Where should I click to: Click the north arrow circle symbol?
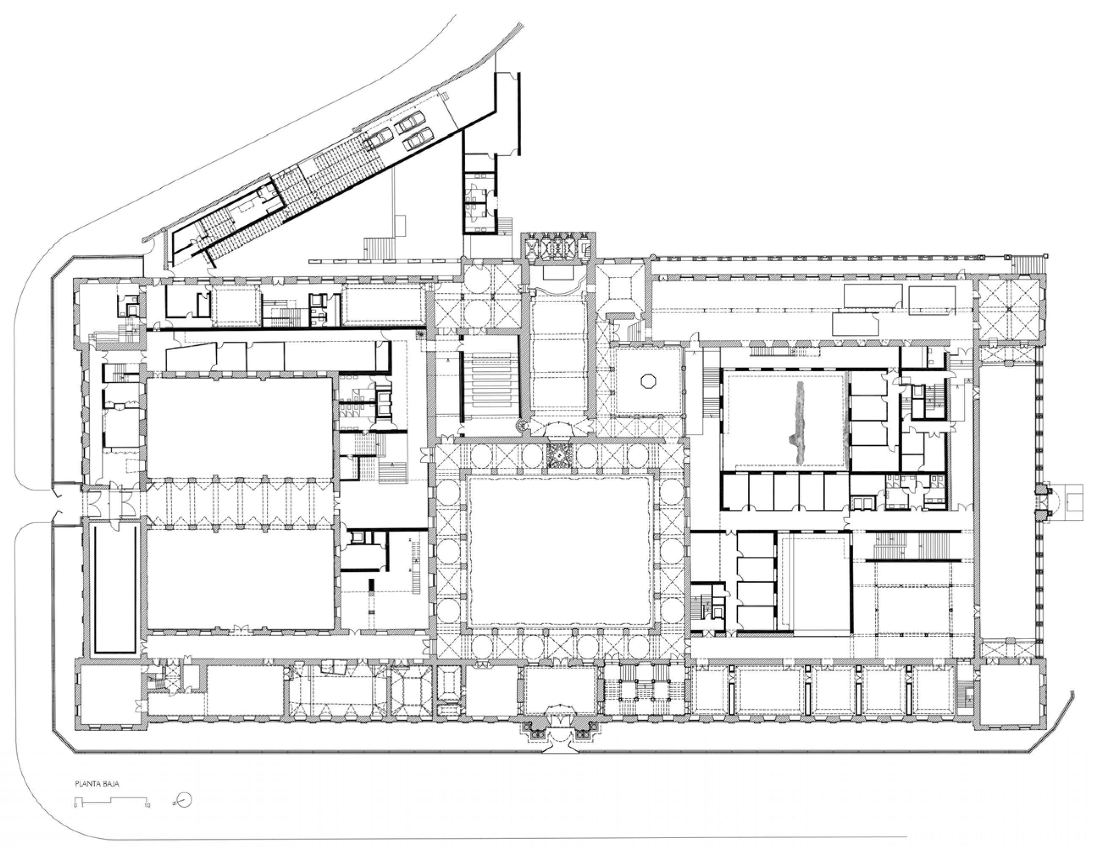[x=185, y=800]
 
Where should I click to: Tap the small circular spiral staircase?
[x=522, y=425]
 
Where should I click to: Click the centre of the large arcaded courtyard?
[x=559, y=550]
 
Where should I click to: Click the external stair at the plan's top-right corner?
[x=1025, y=265]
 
